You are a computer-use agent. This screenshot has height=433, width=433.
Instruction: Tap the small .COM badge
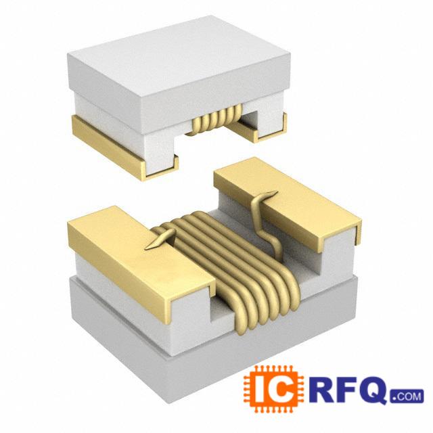(x=407, y=396)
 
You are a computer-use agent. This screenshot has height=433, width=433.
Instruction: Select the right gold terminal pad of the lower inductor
(x=287, y=202)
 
